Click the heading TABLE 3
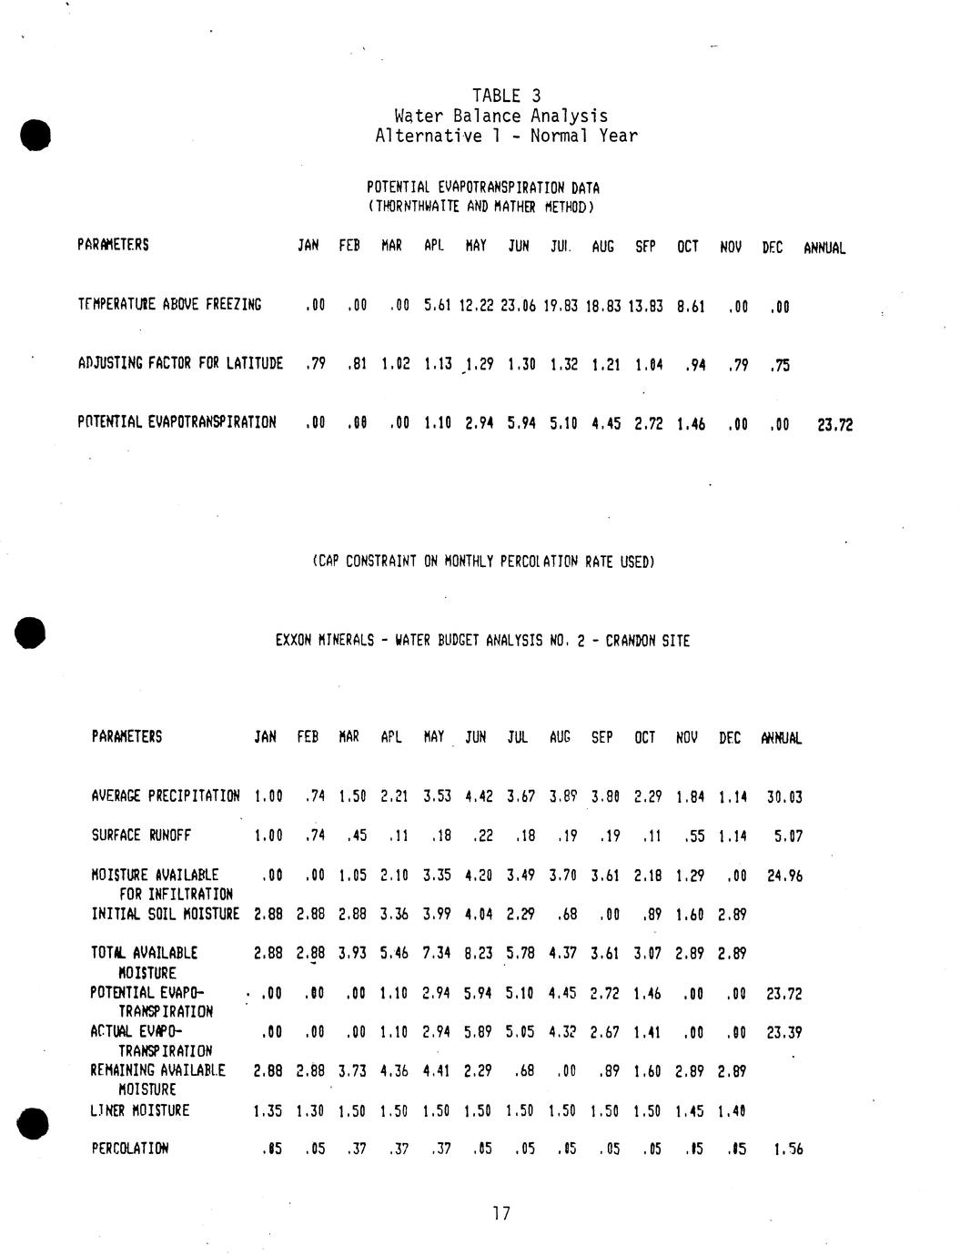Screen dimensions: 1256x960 tap(506, 96)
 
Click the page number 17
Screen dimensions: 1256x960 tap(501, 1213)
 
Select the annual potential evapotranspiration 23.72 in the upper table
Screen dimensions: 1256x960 tap(835, 424)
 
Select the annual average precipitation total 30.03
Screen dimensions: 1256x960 tap(784, 797)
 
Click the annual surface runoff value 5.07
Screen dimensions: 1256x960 tap(788, 836)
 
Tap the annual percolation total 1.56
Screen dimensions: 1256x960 tap(788, 1150)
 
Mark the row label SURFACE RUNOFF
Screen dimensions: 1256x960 tap(141, 835)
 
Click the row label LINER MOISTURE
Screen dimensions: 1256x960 tap(140, 1110)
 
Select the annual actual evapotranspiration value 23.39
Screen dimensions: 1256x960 tap(784, 1033)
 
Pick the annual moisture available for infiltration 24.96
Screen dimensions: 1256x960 tap(784, 876)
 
